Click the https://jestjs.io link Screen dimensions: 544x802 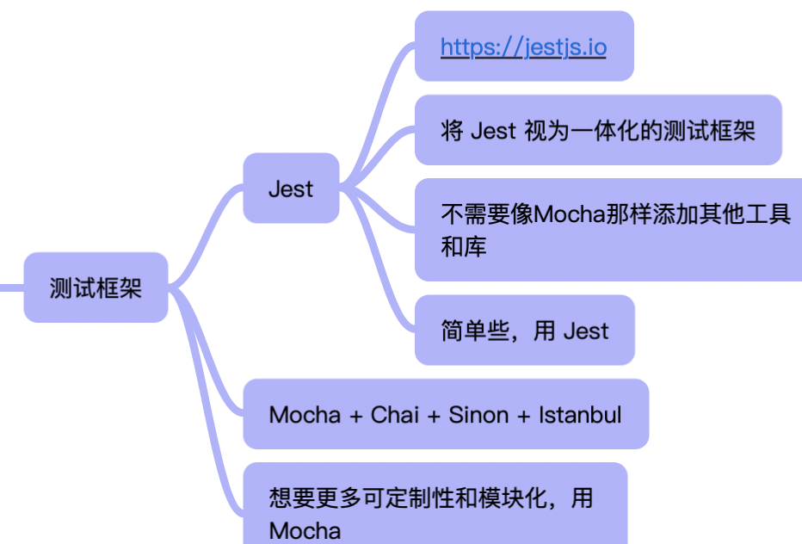coord(523,46)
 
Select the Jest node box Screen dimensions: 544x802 coord(291,189)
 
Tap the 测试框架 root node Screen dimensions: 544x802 coord(96,287)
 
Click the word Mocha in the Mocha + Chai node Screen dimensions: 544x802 coord(305,415)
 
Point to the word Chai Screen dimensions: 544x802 coord(394,415)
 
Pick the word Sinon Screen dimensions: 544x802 coord(478,415)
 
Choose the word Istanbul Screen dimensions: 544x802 coord(580,415)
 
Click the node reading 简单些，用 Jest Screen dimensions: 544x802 coord(524,331)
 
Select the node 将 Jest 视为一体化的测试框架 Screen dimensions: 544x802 coord(597,131)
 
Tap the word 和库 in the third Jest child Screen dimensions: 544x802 coord(464,247)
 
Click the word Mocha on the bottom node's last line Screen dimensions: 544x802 coord(305,530)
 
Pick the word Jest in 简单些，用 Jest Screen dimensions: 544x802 coord(585,331)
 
